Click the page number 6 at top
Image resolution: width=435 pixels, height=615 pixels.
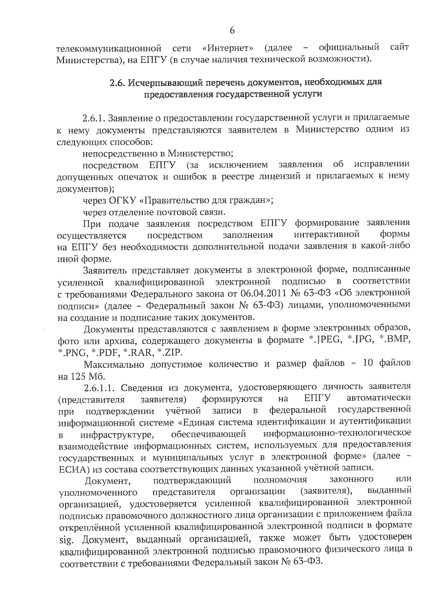click(232, 30)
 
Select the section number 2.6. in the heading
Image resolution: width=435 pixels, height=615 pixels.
click(117, 83)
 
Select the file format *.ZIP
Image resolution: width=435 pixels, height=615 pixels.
click(172, 352)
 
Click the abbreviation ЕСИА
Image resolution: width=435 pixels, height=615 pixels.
click(74, 469)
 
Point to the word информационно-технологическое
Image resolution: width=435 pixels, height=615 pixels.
click(337, 434)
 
